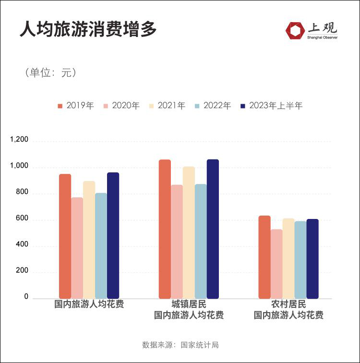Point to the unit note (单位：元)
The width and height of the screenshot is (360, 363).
tap(50, 73)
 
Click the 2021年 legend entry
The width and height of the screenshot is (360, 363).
tap(167, 106)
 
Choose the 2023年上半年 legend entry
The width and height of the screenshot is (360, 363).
tap(271, 106)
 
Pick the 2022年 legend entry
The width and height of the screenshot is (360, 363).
tap(213, 106)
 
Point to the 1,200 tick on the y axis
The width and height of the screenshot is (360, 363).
tap(20, 140)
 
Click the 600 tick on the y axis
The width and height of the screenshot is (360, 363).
tap(23, 219)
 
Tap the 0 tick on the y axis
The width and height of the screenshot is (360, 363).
tap(26, 297)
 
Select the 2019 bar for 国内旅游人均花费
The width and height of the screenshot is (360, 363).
tap(65, 236)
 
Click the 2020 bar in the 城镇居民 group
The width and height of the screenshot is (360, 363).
tap(177, 242)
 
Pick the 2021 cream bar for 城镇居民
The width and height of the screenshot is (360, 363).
tap(189, 232)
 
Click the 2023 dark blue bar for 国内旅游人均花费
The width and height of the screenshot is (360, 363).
tap(113, 235)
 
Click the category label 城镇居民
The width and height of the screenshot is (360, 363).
tap(189, 304)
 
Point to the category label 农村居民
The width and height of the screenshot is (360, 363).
tap(288, 304)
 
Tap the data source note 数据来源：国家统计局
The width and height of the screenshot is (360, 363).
tap(180, 345)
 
